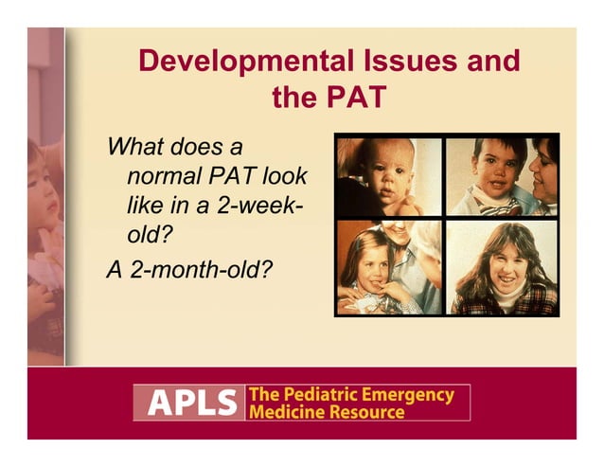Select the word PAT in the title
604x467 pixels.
[356, 98]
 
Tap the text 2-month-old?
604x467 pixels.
[190, 269]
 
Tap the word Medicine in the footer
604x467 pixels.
[284, 412]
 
